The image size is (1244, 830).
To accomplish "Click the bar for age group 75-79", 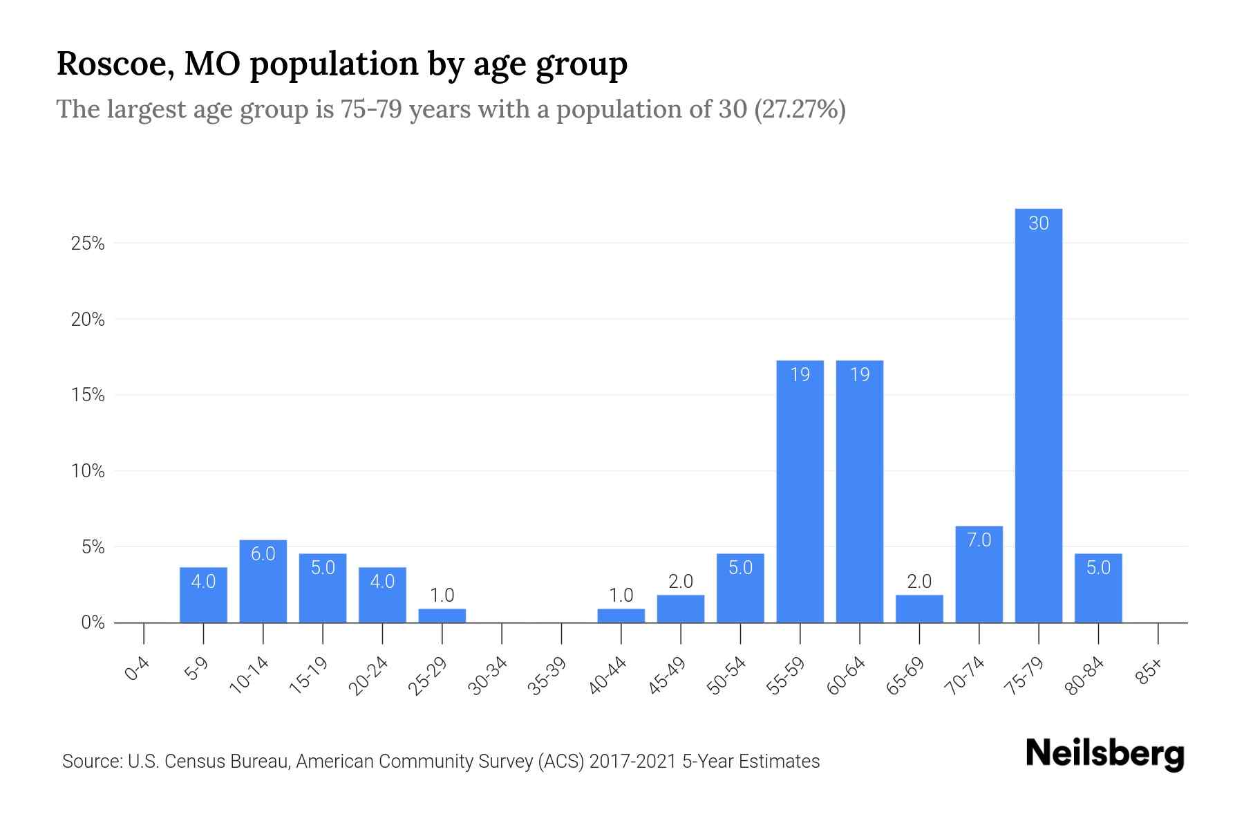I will (x=1038, y=415).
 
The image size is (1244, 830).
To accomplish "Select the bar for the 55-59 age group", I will (x=800, y=491).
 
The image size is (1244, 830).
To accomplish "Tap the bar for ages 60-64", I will (x=859, y=491).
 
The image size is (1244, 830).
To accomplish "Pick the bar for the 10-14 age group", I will (x=263, y=581).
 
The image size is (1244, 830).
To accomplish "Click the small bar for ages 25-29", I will (x=442, y=616).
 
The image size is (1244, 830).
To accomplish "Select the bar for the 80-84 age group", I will (x=1098, y=588).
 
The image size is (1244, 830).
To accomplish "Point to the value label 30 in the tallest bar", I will (x=1038, y=223).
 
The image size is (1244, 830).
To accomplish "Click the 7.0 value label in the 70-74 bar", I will (x=979, y=539).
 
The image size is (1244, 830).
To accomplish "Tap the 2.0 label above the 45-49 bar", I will (x=680, y=582).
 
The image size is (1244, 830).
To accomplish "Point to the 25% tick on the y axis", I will (x=88, y=243).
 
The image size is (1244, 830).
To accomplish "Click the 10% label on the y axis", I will (x=88, y=471).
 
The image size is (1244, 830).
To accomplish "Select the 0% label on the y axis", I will (x=93, y=622).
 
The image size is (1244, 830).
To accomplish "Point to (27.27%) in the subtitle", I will (x=800, y=109).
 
